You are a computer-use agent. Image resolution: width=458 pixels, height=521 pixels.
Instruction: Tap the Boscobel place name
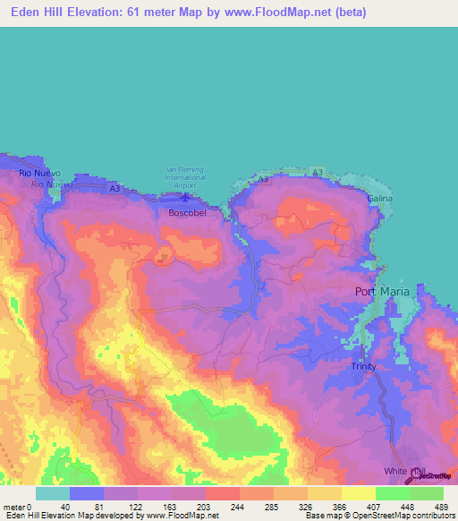pos(188,214)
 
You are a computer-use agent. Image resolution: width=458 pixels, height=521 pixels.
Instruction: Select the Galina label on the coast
pos(379,198)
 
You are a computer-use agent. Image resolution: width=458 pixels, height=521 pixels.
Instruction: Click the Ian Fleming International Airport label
pos(185,174)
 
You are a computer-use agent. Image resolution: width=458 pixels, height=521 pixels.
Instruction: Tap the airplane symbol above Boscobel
pos(185,198)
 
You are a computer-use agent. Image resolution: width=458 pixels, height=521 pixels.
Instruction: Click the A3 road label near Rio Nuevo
pos(114,189)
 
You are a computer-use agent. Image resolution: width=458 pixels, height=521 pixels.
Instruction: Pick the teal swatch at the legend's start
pos(52,493)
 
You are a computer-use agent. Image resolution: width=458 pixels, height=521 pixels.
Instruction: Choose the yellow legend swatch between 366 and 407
pos(358,493)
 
